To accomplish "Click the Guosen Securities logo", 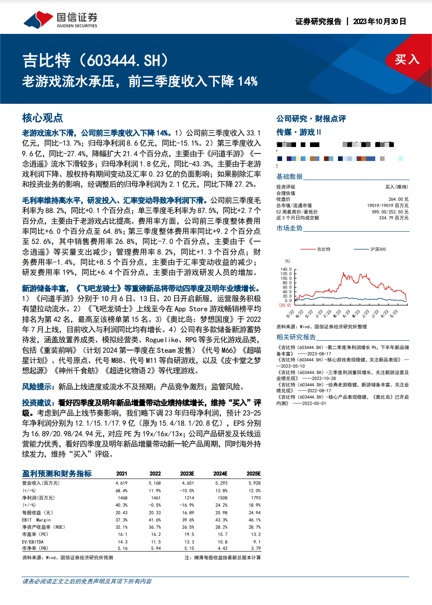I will [x=60, y=20].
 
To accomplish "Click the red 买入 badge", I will [x=407, y=59].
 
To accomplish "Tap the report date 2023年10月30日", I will [x=379, y=21].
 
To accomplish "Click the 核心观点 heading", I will [x=42, y=118].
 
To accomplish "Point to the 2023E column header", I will [x=187, y=474].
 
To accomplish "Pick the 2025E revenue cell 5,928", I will [x=255, y=483].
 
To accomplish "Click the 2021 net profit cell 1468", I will [x=123, y=498].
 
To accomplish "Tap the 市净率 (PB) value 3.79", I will [x=256, y=548].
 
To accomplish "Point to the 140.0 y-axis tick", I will [x=286, y=269].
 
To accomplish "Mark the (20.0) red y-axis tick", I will [x=285, y=305].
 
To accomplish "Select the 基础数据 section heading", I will [x=289, y=176].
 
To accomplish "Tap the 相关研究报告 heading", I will [x=296, y=337].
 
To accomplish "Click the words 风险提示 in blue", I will [x=38, y=386].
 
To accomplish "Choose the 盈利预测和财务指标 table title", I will [x=57, y=474].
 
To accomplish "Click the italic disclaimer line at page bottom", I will [x=87, y=581].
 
